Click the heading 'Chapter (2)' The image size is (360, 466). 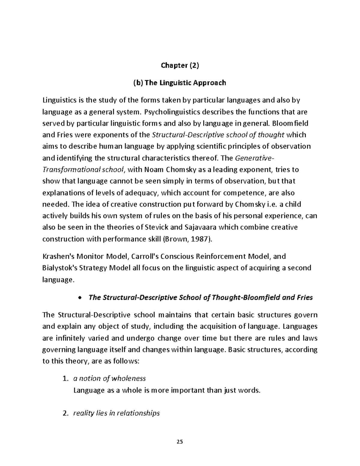tap(180, 65)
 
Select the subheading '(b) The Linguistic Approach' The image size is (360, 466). tap(179, 83)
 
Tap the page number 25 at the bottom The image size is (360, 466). tap(180, 442)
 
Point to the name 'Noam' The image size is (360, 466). tap(154, 170)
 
